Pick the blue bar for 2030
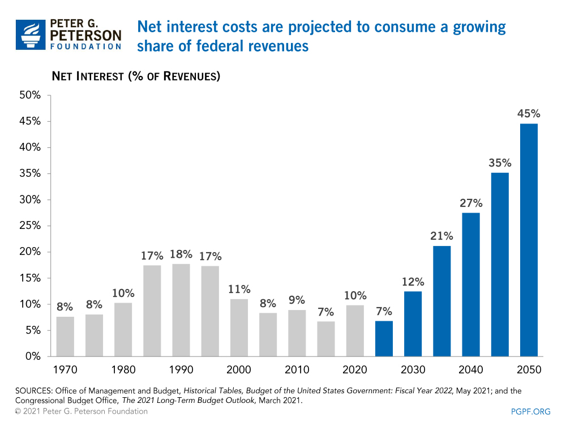coord(413,324)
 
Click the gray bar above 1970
coord(65,336)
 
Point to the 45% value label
coord(528,114)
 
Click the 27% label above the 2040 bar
coord(470,203)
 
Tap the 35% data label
coord(499,163)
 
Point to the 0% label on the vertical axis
coord(33,356)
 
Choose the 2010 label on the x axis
coord(297,370)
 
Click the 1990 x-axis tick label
coord(181,370)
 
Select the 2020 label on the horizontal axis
coord(354,370)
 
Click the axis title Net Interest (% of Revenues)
coord(136,75)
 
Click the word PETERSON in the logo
coord(85,35)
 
